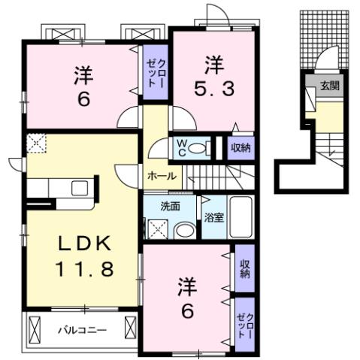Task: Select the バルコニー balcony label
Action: pos(83,329)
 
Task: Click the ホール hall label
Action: pos(162,176)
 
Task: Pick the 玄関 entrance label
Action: pos(329,86)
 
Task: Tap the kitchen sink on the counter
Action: pos(79,188)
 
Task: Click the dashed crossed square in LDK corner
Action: pos(36,143)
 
